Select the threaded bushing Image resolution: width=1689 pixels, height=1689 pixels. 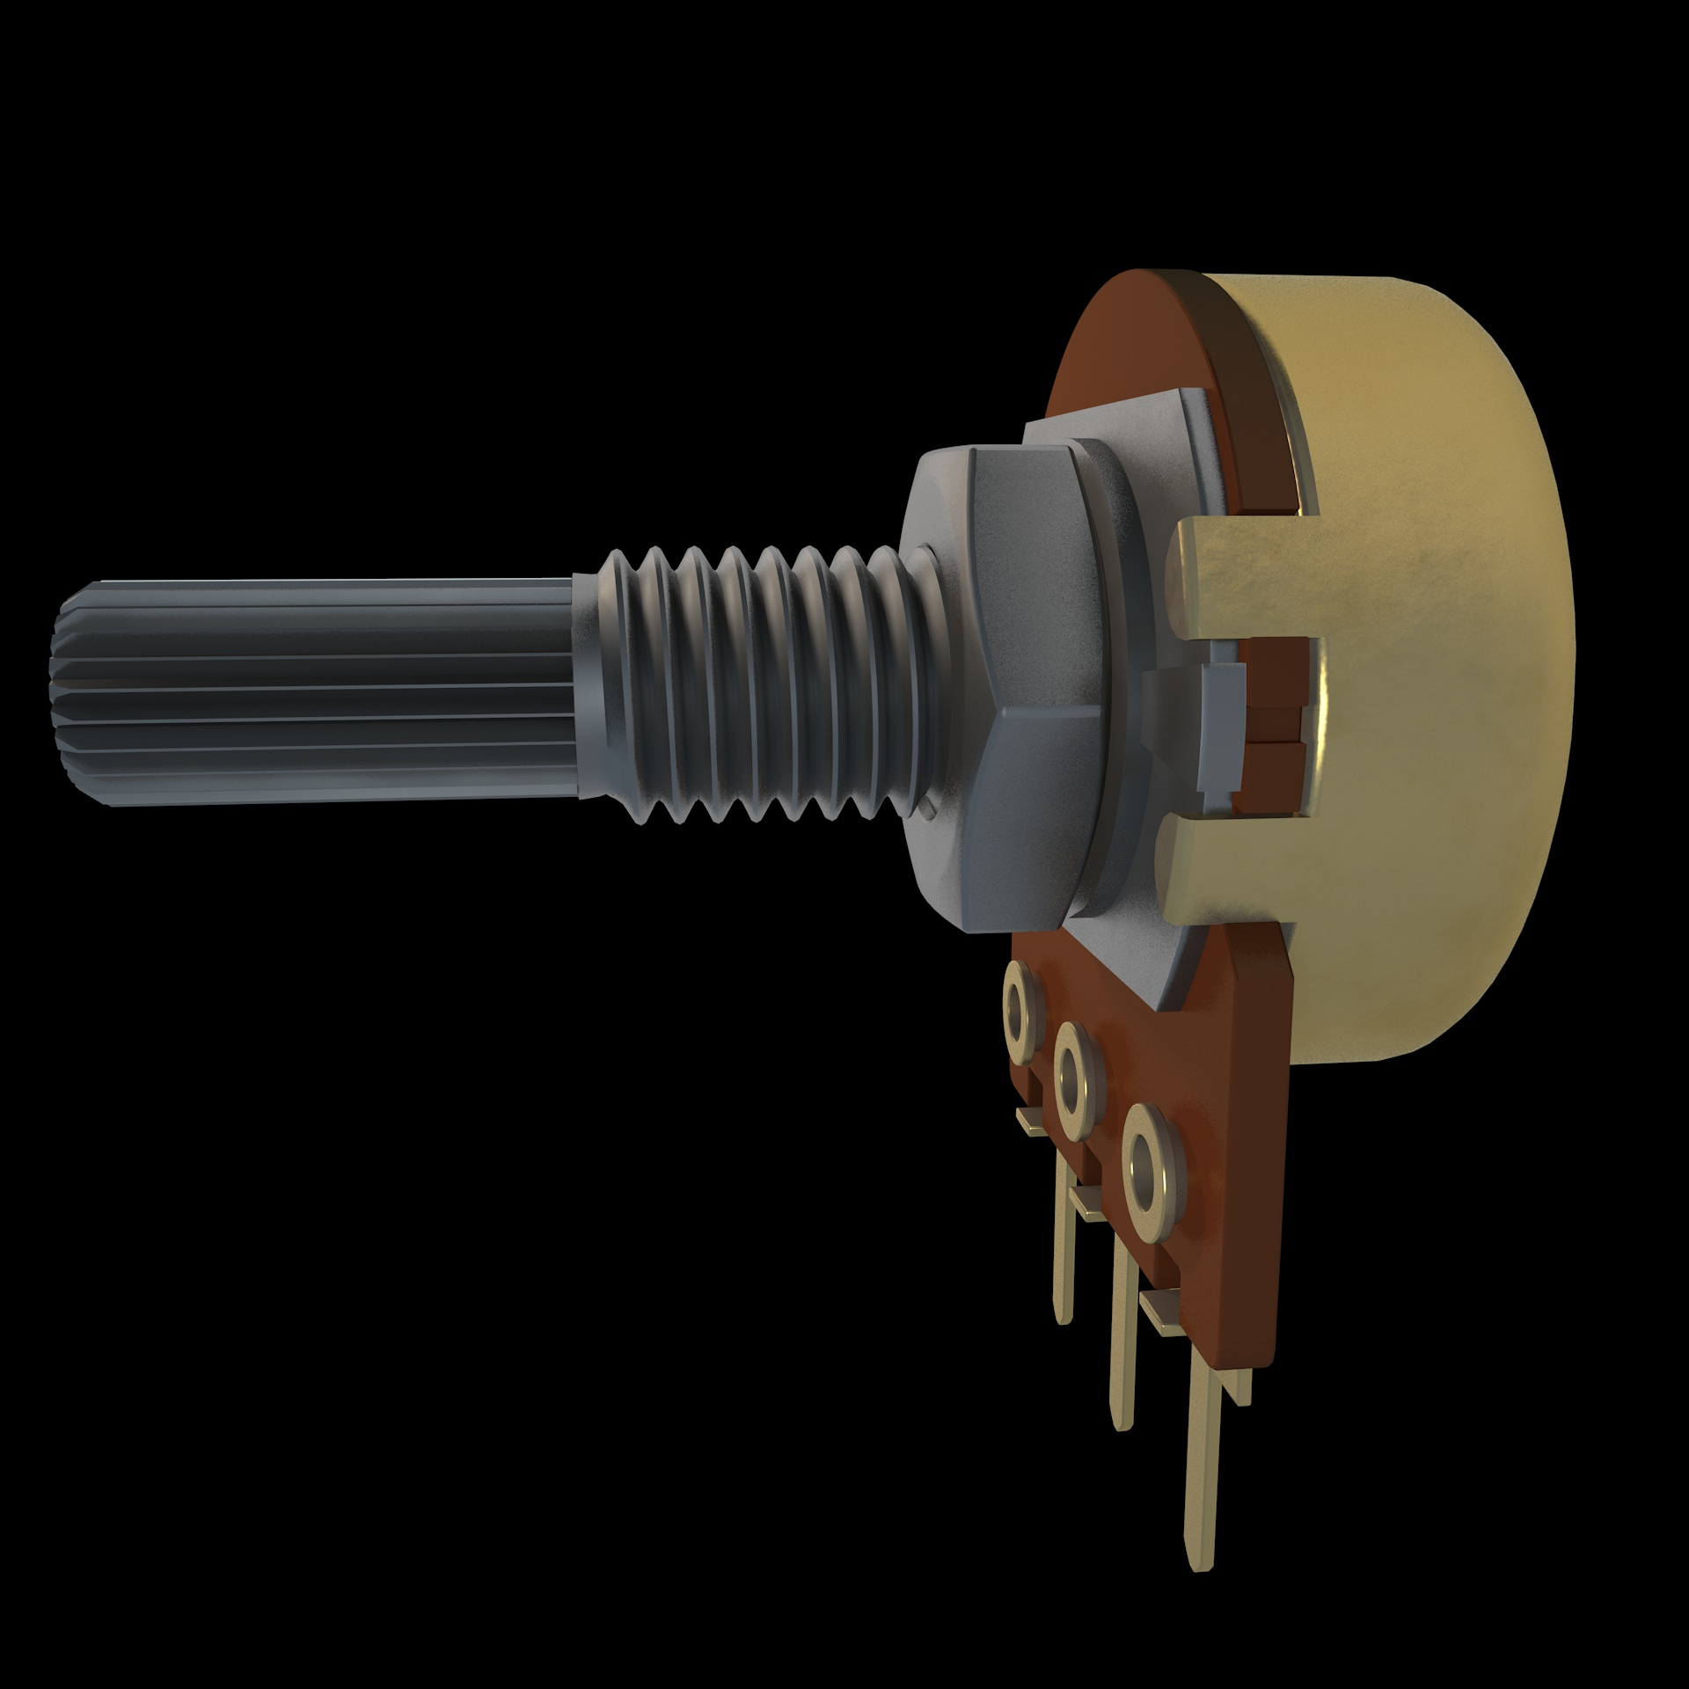tap(757, 686)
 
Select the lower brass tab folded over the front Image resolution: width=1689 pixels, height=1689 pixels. tap(1232, 871)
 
